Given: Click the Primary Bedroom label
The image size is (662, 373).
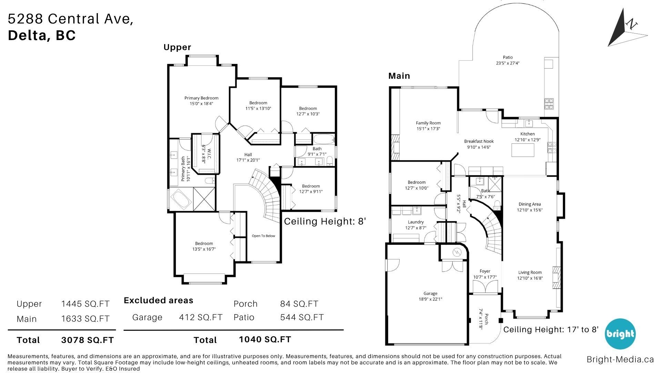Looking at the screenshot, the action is (201, 98).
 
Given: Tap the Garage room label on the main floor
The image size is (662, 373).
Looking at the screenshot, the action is (430, 294).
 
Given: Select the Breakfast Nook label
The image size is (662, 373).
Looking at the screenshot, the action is (479, 141).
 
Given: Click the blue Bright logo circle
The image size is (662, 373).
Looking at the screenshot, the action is (620, 334).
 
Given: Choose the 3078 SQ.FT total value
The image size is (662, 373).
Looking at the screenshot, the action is (87, 340).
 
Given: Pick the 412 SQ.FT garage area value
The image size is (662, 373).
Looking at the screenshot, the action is (201, 317).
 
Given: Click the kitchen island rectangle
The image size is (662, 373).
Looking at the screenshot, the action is (523, 150).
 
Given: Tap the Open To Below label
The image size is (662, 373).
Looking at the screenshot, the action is (263, 236).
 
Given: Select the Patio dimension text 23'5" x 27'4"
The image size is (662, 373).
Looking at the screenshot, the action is (508, 63).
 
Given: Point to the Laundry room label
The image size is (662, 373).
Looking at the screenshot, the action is (415, 222).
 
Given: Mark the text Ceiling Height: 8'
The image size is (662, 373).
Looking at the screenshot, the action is (325, 221).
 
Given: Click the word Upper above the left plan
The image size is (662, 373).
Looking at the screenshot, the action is (177, 48).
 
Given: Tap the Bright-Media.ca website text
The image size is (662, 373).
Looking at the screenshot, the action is (620, 360).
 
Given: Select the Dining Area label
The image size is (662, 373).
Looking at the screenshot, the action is (530, 204).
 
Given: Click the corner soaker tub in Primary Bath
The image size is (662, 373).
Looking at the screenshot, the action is (181, 200).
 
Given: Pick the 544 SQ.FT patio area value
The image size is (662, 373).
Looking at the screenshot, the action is (302, 317).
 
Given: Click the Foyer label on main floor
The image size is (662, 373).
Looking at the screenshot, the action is (485, 271).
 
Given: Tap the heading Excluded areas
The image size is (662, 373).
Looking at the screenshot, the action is (159, 300).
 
